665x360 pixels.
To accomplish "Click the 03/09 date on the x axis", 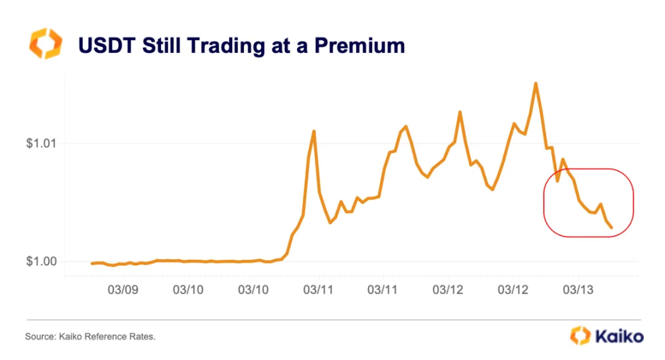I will (x=123, y=290).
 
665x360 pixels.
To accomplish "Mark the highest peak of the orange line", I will (x=536, y=83).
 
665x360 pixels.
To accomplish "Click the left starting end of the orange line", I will (x=92, y=263).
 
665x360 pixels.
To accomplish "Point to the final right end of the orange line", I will (x=612, y=227).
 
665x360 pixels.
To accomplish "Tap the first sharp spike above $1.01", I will (x=314, y=131).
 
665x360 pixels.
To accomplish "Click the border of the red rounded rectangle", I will (x=633, y=202).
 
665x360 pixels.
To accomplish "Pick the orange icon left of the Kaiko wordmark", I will (x=580, y=336).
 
